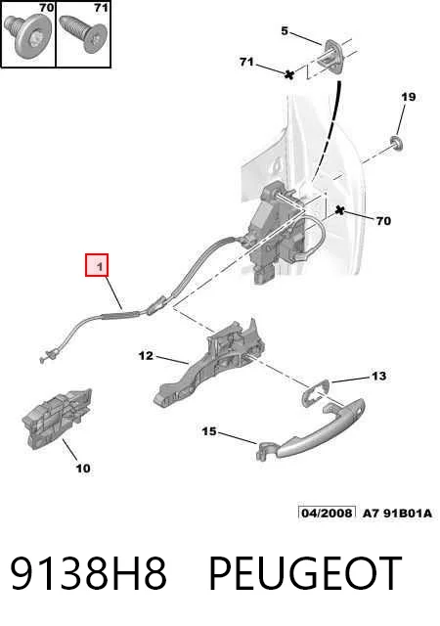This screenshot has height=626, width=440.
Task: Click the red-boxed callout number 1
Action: pyautogui.click(x=97, y=265)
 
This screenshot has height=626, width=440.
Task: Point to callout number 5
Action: pyautogui.click(x=285, y=30)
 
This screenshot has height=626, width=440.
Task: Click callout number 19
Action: pyautogui.click(x=409, y=97)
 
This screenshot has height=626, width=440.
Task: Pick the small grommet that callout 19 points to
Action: pyautogui.click(x=397, y=143)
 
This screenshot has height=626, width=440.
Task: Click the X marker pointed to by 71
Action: pyautogui.click(x=289, y=74)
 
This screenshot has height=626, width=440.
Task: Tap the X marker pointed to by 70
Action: pyautogui.click(x=339, y=209)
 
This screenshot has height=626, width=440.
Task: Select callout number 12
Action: pyautogui.click(x=146, y=355)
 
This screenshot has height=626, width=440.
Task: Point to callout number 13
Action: pyautogui.click(x=378, y=376)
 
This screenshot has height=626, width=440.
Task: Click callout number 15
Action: pyautogui.click(x=209, y=431)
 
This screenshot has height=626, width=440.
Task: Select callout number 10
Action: pyautogui.click(x=83, y=468)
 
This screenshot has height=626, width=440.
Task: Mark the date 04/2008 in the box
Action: pyautogui.click(x=327, y=513)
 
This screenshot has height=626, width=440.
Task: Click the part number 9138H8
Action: pyautogui.click(x=88, y=573)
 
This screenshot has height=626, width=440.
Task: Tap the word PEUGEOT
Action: pyautogui.click(x=305, y=573)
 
